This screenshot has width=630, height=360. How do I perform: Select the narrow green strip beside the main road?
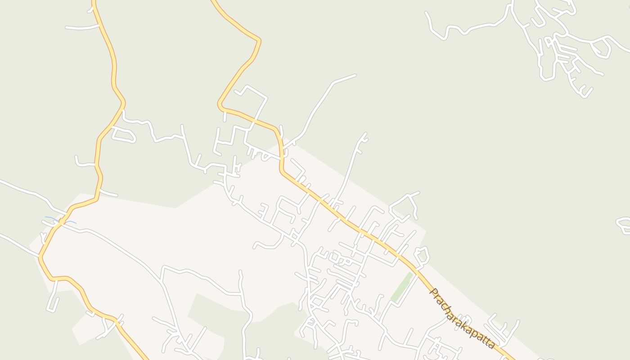[x=402, y=287]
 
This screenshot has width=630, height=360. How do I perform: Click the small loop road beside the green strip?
[x=422, y=256]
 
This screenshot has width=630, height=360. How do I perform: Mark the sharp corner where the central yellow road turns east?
[x=220, y=106]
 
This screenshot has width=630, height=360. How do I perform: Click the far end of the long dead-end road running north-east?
[x=355, y=75]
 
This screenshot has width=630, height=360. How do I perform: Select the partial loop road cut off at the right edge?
[x=623, y=225]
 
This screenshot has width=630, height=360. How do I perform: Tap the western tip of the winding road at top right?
[x=427, y=13]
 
